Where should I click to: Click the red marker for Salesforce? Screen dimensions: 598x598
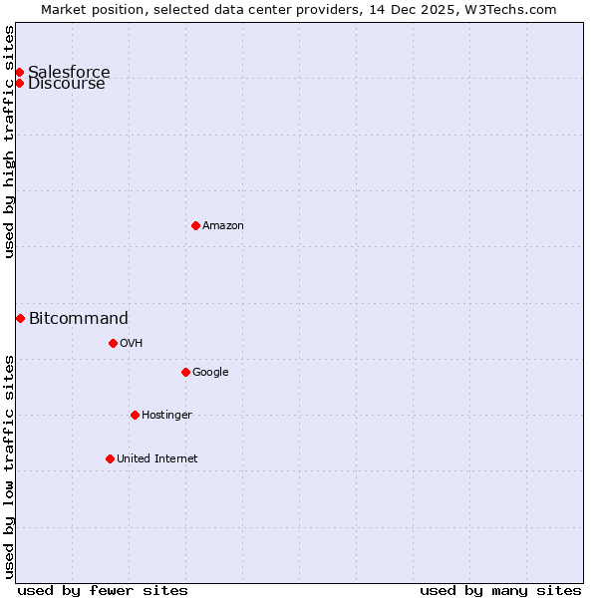[19, 72]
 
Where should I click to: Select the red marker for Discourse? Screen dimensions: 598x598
[19, 83]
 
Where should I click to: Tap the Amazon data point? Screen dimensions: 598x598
[195, 225]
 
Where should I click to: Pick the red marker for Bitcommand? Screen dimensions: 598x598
[20, 318]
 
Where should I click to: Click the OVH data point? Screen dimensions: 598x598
[113, 343]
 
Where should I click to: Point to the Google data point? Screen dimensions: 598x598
[185, 372]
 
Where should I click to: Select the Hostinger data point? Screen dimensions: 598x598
[135, 415]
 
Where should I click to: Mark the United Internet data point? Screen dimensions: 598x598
[110, 458]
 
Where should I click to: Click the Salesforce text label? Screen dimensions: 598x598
[69, 72]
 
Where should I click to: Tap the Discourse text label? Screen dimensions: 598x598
[67, 84]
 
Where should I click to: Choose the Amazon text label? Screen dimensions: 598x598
[223, 226]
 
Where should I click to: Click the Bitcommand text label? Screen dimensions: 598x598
[79, 319]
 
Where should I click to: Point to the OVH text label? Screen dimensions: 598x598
[132, 344]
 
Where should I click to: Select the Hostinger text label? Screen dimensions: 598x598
[166, 416]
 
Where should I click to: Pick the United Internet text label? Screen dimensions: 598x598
[157, 459]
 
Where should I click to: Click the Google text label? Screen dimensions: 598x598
[210, 373]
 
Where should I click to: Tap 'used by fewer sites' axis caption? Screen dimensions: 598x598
[103, 590]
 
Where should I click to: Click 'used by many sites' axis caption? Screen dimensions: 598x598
[500, 590]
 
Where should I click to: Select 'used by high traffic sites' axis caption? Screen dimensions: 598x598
[10, 142]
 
